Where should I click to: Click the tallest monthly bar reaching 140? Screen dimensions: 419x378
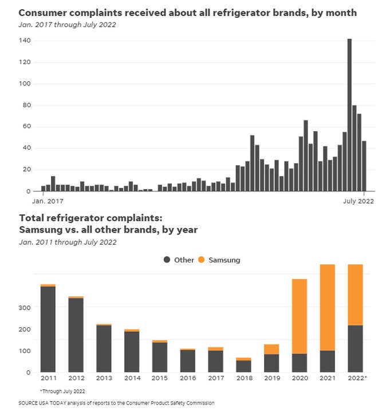349,115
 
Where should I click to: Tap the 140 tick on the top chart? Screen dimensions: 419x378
23,41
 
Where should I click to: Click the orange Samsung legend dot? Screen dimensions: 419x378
201,260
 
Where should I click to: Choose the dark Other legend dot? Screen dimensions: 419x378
167,260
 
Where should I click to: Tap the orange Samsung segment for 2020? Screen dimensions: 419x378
300,316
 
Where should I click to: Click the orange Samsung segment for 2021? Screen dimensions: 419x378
328,307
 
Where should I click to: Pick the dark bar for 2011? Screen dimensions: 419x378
48,329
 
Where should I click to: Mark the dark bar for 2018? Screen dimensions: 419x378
243,366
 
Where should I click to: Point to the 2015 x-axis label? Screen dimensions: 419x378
159,379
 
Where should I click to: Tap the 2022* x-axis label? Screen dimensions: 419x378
357,379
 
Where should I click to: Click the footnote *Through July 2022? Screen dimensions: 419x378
62,391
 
